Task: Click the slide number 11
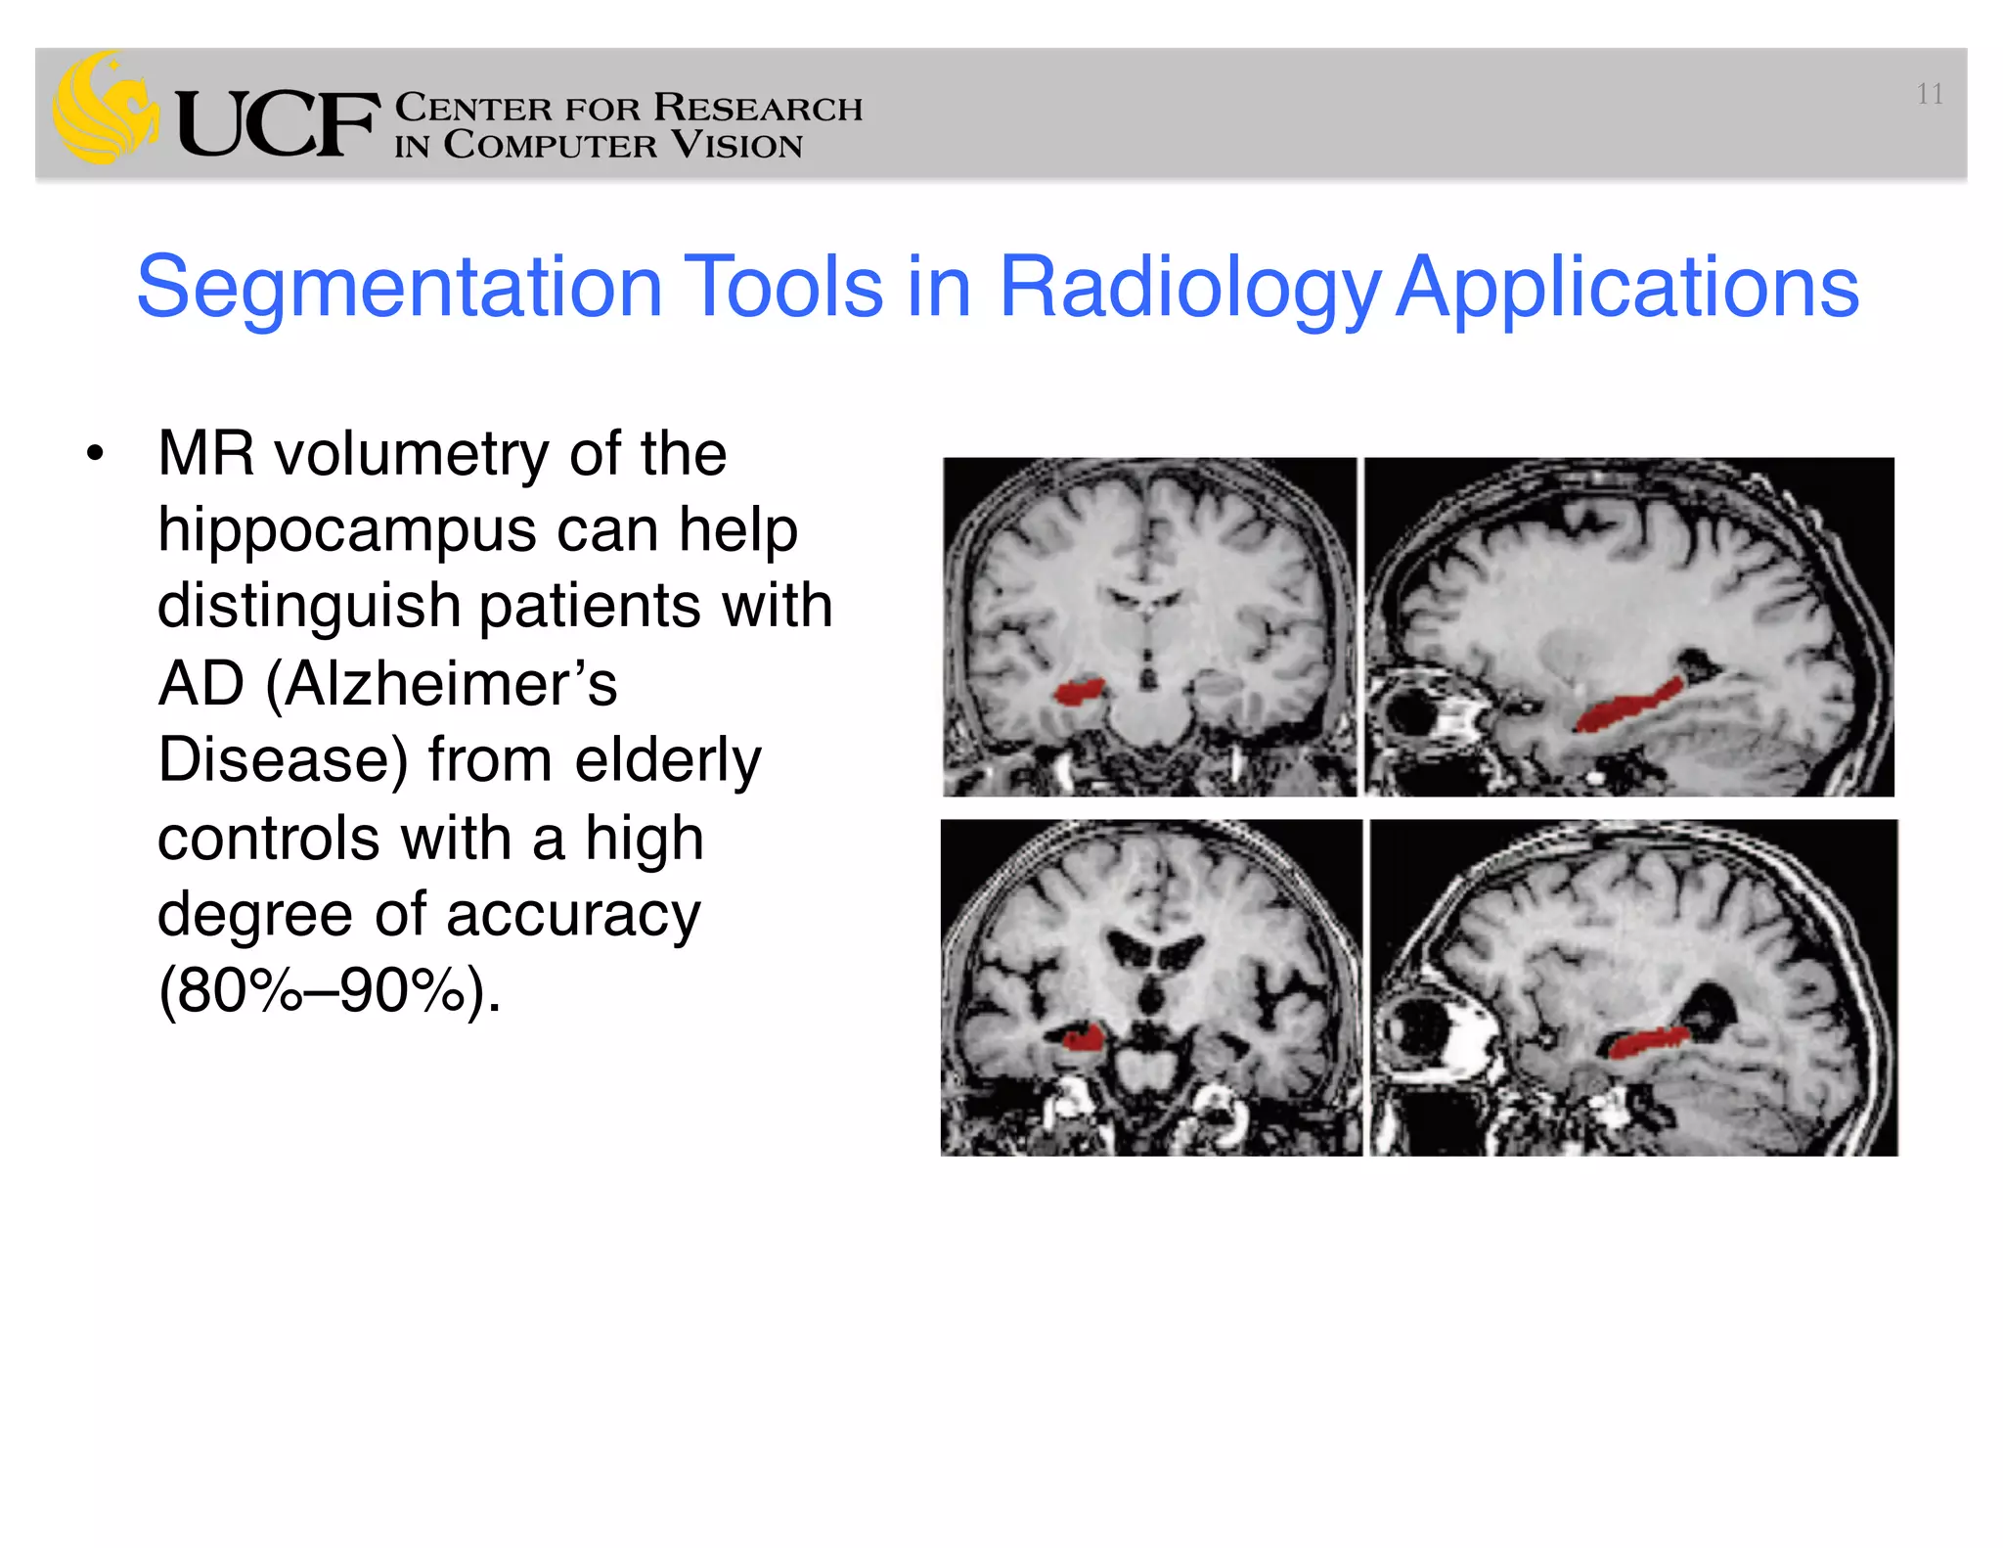(x=1929, y=94)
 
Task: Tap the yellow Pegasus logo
(x=104, y=108)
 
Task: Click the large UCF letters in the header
(x=277, y=124)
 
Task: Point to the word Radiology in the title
(x=1188, y=289)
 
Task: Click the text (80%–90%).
(x=329, y=990)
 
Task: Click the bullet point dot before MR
(x=94, y=454)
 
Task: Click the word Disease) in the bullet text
(x=283, y=760)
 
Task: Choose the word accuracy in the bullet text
(x=573, y=914)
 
